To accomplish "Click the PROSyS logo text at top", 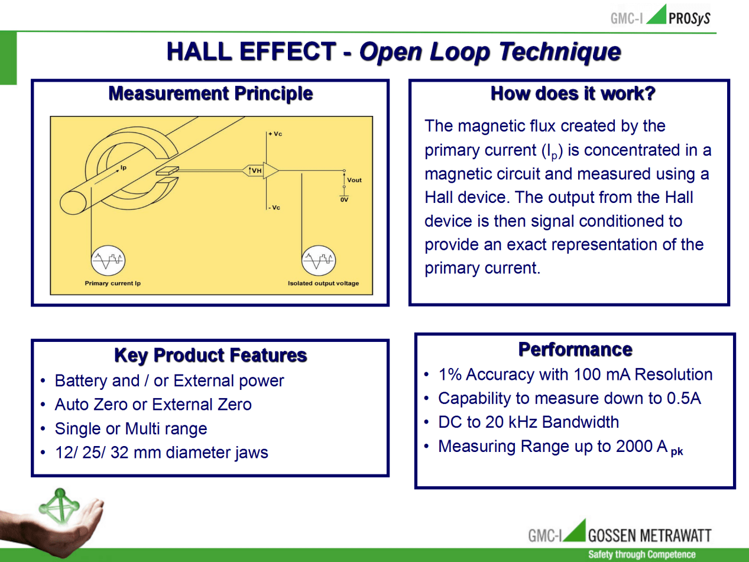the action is click(689, 18).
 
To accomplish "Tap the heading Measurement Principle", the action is click(210, 93).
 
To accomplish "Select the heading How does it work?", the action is click(573, 93).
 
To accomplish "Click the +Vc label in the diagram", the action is click(275, 134).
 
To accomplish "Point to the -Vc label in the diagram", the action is click(274, 208).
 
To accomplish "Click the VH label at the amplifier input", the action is click(255, 170).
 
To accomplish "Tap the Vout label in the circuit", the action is click(354, 180).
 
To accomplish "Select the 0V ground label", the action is click(344, 200).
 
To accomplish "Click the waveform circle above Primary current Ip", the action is click(108, 260).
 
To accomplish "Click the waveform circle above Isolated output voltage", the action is click(319, 260).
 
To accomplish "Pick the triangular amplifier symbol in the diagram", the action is click(271, 170).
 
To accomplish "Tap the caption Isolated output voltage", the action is click(323, 283).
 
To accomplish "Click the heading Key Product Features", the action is click(210, 356).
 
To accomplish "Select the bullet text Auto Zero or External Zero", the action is click(153, 405).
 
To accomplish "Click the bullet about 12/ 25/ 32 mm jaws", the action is click(161, 453).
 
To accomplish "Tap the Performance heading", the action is click(575, 350).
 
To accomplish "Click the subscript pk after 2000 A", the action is click(677, 452).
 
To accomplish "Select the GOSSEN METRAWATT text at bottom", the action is click(650, 535).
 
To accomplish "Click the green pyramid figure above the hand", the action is click(59, 506).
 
